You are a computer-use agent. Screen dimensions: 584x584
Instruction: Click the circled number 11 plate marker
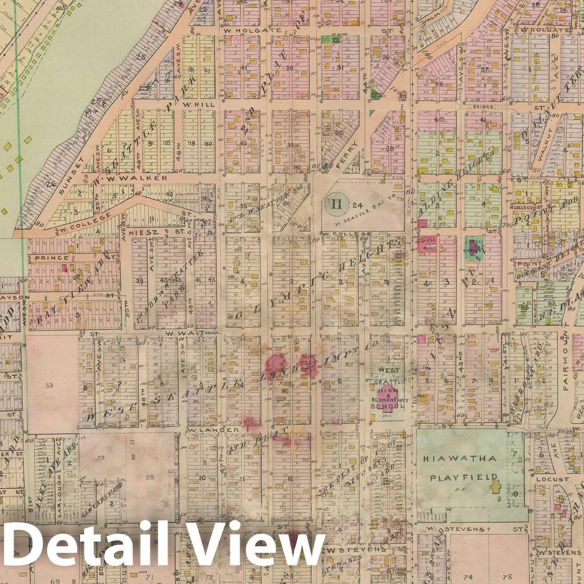(x=337, y=203)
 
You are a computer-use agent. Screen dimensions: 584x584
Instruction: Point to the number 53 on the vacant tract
(x=50, y=385)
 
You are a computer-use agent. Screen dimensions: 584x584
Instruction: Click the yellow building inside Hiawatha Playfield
(x=496, y=487)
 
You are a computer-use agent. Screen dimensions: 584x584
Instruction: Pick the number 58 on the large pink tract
(x=150, y=478)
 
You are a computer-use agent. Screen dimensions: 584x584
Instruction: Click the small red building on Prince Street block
(x=65, y=268)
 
